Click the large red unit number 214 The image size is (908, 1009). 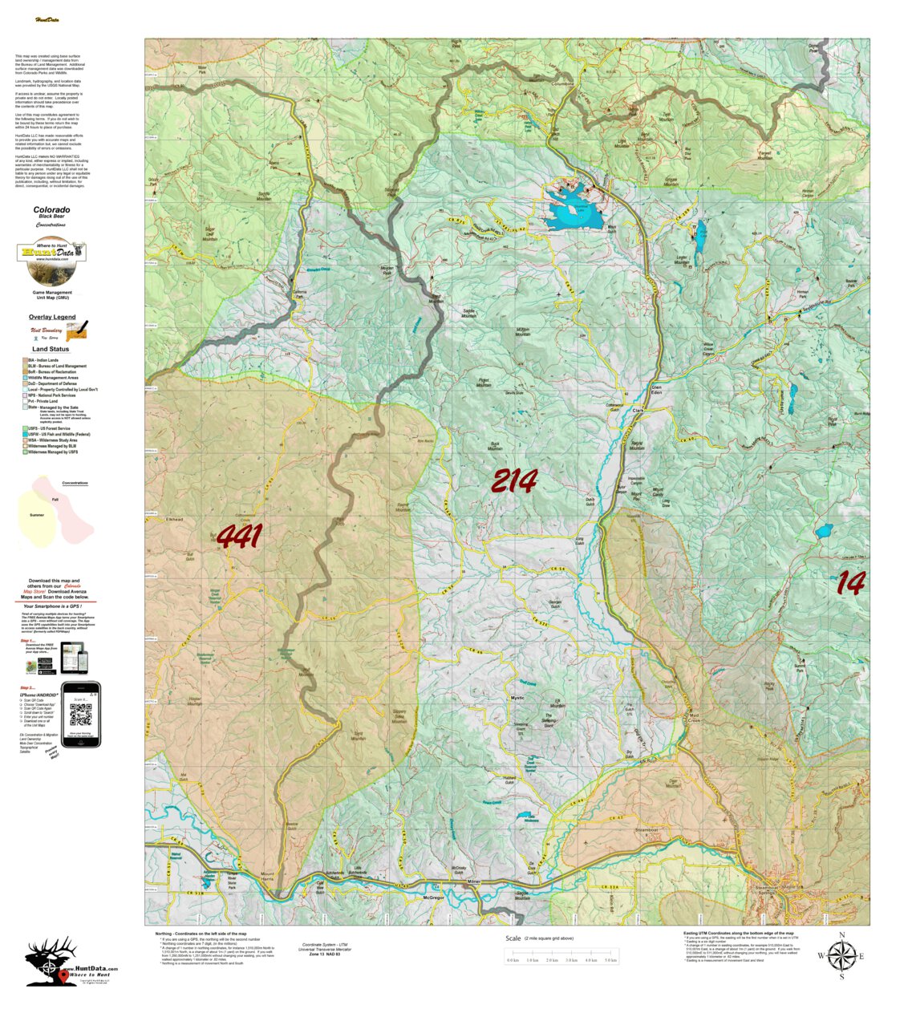coord(514,481)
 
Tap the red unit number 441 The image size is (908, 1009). coord(239,537)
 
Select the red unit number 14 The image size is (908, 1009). coord(850,583)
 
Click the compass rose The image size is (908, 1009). coord(841,955)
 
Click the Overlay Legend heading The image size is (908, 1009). coord(52,317)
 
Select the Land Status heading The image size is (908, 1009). coord(51,349)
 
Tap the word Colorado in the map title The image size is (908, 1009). coord(51,210)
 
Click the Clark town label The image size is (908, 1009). coord(638,411)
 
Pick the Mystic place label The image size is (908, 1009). coord(517,698)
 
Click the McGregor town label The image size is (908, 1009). coord(432,898)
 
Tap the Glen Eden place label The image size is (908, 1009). coord(656,389)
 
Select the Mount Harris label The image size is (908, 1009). coord(267,876)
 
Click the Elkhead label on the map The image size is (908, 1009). coord(174,520)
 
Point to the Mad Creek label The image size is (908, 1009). coord(694,716)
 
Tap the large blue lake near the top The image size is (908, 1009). coord(574,209)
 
